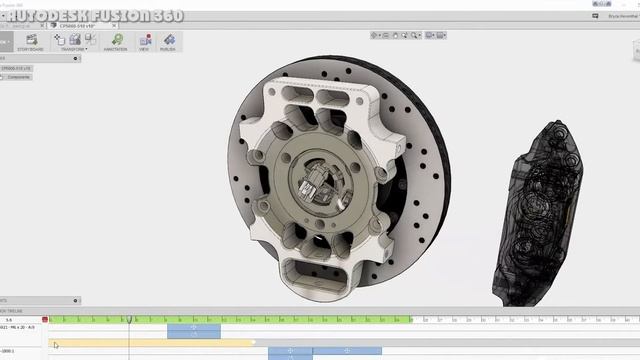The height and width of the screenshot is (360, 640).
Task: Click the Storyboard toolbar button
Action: coord(31,42)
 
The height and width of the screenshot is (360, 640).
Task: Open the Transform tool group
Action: coord(73,42)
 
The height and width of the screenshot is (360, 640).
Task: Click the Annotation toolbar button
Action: coord(115,42)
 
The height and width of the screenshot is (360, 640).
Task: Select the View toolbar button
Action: coord(144,42)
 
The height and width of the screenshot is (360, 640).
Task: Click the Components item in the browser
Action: coord(20,76)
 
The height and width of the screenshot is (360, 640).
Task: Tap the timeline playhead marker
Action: coord(129,319)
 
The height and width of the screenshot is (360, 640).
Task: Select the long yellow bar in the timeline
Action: coord(150,342)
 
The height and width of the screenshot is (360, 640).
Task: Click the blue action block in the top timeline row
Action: coord(194,330)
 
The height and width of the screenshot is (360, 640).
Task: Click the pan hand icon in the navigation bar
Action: coord(395,35)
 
